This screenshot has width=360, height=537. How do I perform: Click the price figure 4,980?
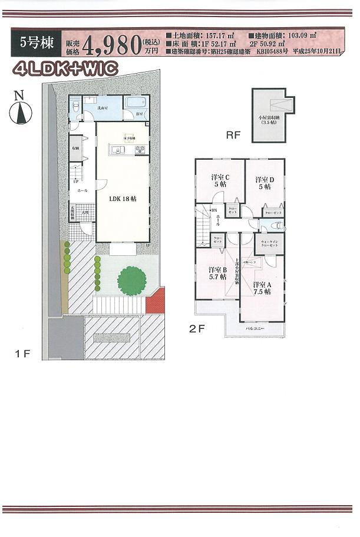pyautogui.click(x=111, y=45)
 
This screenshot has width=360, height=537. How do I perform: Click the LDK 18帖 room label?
pyautogui.click(x=123, y=199)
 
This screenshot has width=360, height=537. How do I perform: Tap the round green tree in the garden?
pyautogui.click(x=130, y=281)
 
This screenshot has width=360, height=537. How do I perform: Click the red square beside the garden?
pyautogui.click(x=156, y=303)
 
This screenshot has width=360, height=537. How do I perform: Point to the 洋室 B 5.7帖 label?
pyautogui.click(x=217, y=274)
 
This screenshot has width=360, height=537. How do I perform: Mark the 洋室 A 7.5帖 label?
pyautogui.click(x=262, y=288)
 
